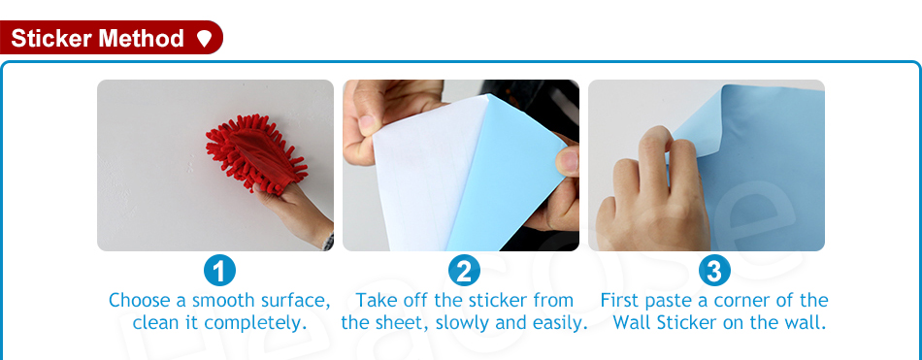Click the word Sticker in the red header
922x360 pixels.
click(51, 39)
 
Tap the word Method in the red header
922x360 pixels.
click(141, 39)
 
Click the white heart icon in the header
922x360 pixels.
click(204, 39)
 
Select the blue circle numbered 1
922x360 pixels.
click(219, 271)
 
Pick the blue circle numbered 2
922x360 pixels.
click(464, 271)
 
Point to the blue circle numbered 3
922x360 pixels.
click(714, 271)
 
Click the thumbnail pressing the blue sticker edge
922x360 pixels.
click(568, 160)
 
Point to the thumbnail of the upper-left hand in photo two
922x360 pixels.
click(368, 124)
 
